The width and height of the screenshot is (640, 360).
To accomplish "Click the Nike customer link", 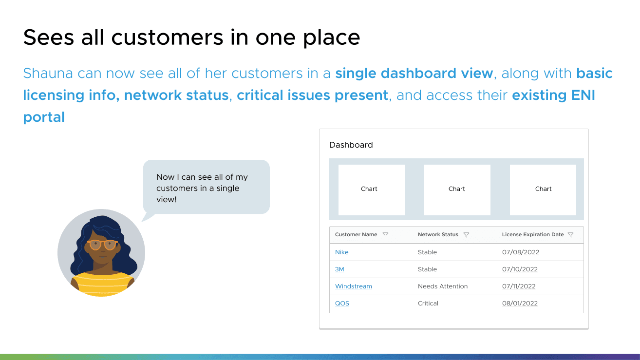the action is tap(342, 252).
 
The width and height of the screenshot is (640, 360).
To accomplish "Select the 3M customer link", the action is tap(339, 269).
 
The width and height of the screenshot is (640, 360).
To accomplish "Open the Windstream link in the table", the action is tap(354, 286).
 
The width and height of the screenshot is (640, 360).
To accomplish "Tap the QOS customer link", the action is tap(342, 303).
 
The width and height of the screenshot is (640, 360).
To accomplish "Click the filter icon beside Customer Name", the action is tap(385, 235).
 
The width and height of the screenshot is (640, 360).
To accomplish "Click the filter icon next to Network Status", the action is tap(466, 235).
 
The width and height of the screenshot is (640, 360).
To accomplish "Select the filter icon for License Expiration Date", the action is tap(570, 235).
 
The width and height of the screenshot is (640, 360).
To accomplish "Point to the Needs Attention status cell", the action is tap(443, 286).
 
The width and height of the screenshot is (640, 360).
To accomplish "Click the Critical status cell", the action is tap(428, 303).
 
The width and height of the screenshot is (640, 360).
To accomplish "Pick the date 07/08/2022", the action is tap(521, 252).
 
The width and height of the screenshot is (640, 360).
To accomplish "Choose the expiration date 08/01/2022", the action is tap(520, 303).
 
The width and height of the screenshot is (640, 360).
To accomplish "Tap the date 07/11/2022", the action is tap(519, 286).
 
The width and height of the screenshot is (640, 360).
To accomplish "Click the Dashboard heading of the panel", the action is tap(351, 145).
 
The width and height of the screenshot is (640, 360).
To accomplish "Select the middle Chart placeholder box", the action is tap(457, 189).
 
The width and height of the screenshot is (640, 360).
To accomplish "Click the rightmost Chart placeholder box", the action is tap(543, 189).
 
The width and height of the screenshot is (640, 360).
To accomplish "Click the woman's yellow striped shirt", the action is tap(102, 284).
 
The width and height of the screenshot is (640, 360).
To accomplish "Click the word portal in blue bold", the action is tap(44, 117).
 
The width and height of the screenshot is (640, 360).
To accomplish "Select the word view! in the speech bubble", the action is tap(167, 199).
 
